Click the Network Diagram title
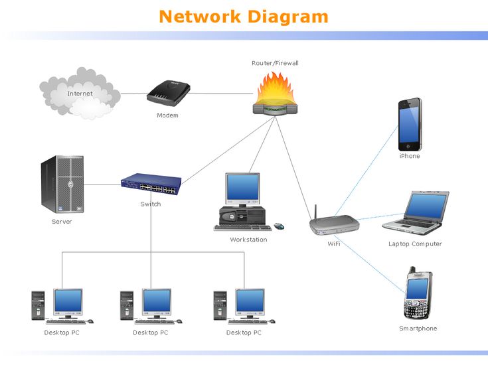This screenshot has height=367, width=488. click(x=244, y=16)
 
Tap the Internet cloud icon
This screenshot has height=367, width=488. click(x=80, y=94)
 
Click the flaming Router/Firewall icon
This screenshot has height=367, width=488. click(x=275, y=96)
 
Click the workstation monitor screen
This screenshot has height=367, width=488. click(x=242, y=188)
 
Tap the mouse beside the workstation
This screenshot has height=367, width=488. click(x=279, y=226)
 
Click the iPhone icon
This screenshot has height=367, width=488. click(x=410, y=124)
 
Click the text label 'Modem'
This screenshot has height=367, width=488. click(x=167, y=115)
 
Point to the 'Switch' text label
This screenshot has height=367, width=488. click(x=151, y=204)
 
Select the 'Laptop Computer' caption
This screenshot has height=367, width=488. click(x=415, y=244)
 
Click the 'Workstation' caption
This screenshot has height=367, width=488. click(x=248, y=240)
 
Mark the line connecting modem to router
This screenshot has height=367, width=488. click(x=219, y=94)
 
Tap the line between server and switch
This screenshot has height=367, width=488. click(x=103, y=184)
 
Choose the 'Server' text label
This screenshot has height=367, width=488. click(x=62, y=222)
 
